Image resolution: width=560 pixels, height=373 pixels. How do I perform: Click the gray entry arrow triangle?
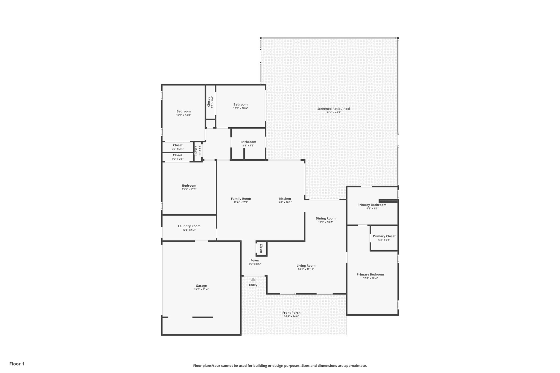point(253,279)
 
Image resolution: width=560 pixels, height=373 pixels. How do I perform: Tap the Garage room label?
point(201,286)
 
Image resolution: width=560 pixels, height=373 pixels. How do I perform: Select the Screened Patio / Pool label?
point(334,109)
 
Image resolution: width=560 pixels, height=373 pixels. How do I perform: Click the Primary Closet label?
point(384,236)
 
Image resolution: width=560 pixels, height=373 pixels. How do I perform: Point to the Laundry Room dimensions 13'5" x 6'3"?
point(189,230)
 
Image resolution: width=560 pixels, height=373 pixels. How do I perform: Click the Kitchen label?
point(285,199)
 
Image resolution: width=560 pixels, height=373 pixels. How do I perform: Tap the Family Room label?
point(241,199)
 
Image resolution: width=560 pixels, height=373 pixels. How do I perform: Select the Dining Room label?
point(325,218)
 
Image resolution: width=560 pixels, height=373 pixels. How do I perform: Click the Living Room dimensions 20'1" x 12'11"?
point(306,269)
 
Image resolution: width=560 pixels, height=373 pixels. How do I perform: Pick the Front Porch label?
point(291,313)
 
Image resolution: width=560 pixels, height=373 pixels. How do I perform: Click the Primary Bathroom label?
point(372,205)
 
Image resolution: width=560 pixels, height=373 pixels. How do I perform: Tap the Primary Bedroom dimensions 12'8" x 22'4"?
point(370,278)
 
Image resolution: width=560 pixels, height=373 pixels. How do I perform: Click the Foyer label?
point(255,260)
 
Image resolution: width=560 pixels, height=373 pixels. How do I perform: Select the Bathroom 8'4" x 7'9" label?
point(248,142)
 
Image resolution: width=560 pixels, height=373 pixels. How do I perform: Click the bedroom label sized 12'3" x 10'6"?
point(240,104)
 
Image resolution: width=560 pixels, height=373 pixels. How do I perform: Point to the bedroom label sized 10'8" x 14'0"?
point(183,111)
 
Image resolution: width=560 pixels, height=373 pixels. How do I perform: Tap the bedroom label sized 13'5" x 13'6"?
point(189,186)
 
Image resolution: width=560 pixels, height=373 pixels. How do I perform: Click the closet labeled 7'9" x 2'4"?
point(178,145)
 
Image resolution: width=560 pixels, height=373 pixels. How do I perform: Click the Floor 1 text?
point(17,364)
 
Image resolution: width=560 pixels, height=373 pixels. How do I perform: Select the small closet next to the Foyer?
point(261,249)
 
